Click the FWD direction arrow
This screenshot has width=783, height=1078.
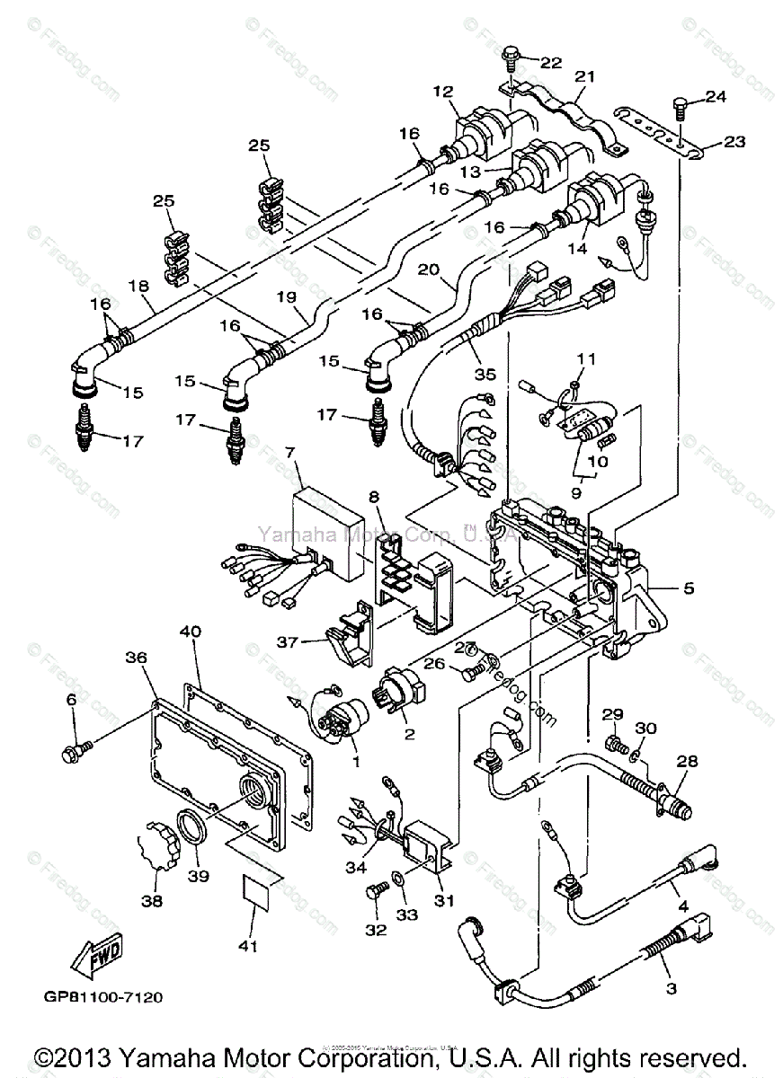[102, 956]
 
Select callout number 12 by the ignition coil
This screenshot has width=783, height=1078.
[440, 91]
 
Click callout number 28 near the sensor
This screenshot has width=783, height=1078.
[687, 761]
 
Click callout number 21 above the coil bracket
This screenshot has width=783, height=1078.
[585, 77]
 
